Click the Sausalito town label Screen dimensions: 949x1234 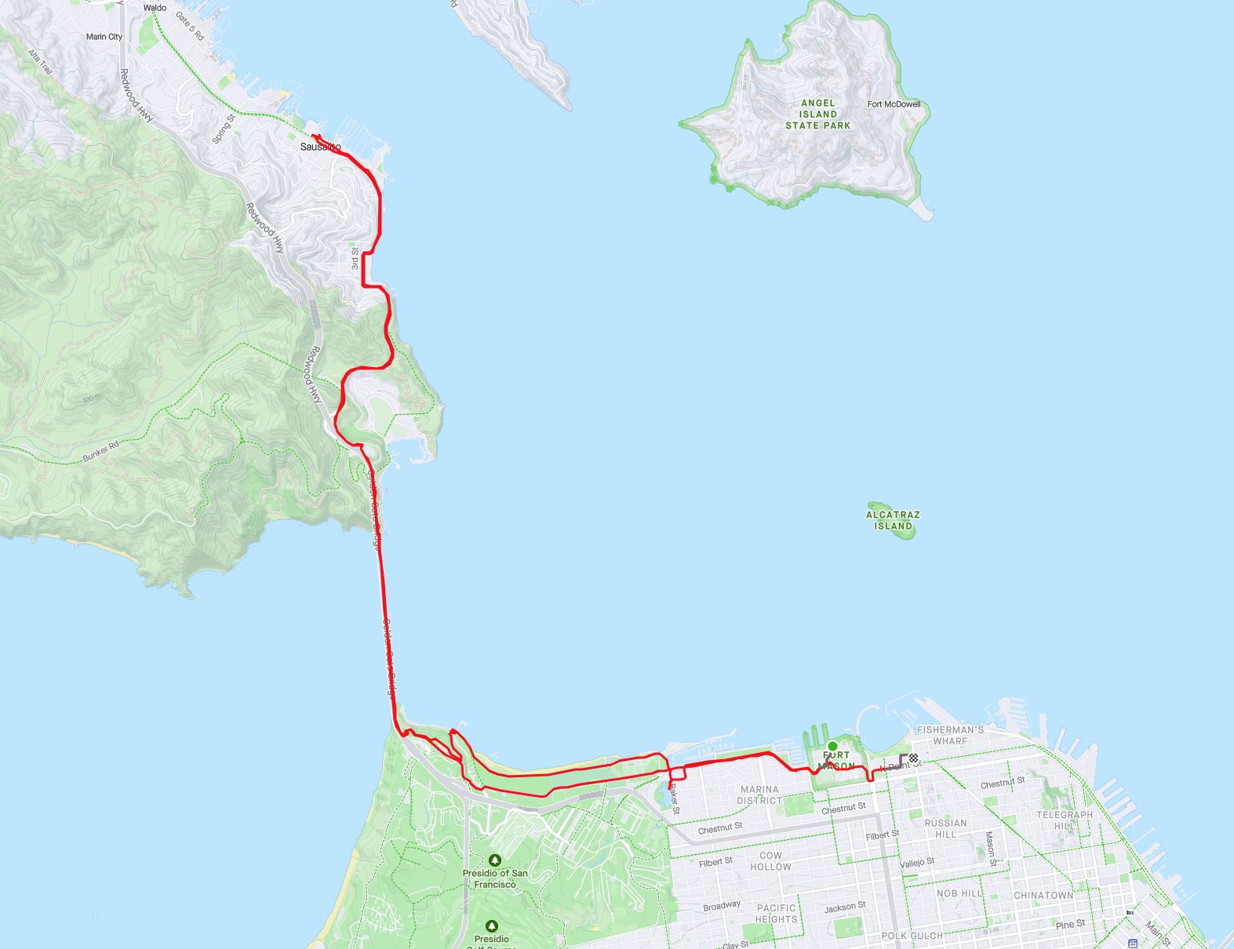320,147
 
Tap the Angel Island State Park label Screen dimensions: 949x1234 818,114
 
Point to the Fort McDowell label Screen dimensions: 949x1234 894,104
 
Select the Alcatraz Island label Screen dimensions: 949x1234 893,520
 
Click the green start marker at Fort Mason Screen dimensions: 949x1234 832,746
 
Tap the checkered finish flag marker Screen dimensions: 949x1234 914,758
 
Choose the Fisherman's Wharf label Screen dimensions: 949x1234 950,735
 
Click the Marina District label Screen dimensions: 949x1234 759,794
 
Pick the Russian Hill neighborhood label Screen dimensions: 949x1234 945,828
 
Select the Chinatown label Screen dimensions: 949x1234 1043,895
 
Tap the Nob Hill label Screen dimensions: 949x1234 959,893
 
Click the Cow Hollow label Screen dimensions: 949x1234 770,861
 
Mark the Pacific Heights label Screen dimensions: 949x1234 776,913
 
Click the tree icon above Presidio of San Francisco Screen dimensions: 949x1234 493,860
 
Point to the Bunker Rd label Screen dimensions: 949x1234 100,451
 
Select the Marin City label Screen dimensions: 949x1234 104,37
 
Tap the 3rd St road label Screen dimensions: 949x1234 355,259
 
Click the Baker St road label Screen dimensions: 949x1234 674,801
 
